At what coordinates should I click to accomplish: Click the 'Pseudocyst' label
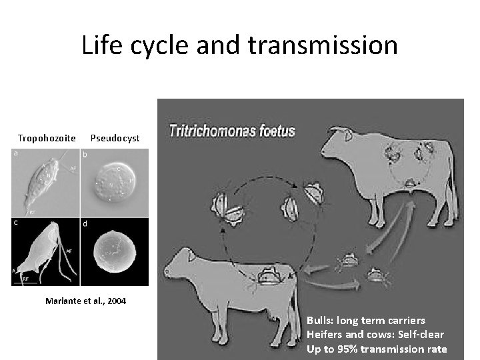click(115, 138)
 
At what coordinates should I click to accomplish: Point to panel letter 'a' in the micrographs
click(16, 153)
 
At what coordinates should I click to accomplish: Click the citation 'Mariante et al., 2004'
click(85, 301)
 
